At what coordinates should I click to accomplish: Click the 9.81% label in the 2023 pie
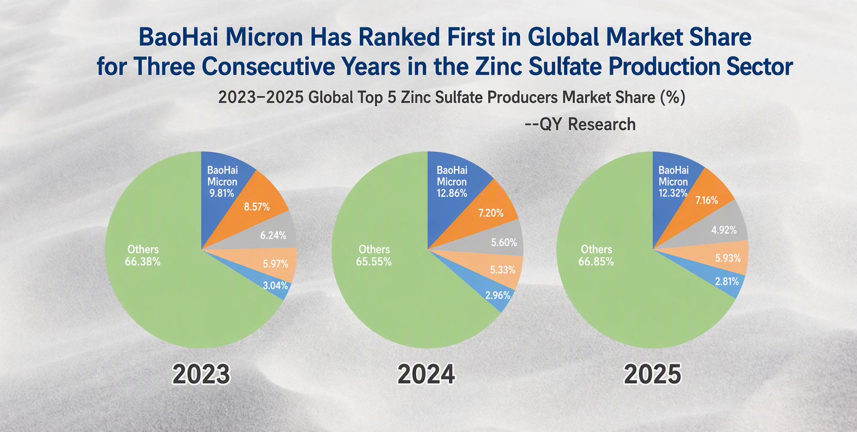[222, 193]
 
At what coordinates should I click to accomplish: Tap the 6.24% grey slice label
[273, 236]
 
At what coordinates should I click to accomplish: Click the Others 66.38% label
[143, 256]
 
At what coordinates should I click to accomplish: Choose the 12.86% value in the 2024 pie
[452, 193]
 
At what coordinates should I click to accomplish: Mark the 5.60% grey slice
[500, 240]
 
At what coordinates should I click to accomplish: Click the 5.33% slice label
[503, 270]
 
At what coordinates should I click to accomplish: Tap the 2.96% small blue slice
[495, 293]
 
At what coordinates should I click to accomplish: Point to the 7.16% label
[707, 200]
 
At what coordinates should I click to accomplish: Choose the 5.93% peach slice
[725, 257]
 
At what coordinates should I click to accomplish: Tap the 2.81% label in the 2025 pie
[727, 281]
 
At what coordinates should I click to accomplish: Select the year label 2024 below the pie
[427, 374]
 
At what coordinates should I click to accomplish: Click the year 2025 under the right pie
[653, 374]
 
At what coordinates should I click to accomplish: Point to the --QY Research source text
[580, 124]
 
